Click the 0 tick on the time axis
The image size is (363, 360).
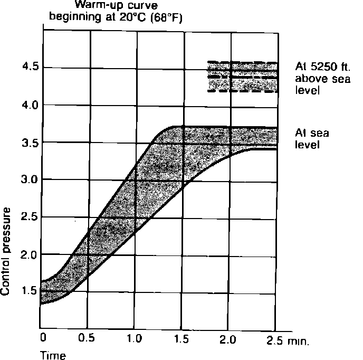click(x=43, y=337)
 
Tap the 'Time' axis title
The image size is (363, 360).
click(x=53, y=355)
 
